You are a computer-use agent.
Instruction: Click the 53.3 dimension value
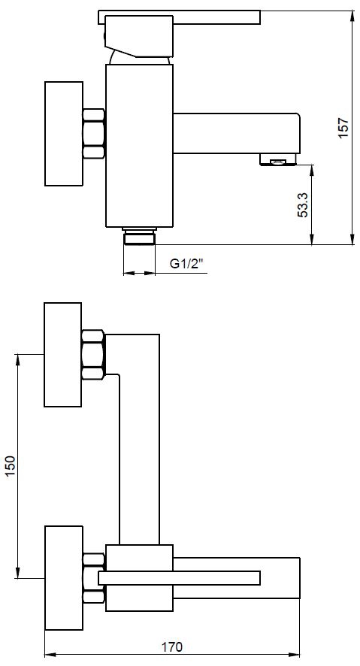click(x=302, y=205)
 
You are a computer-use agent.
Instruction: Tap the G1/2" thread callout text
click(x=187, y=264)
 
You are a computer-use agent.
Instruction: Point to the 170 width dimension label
click(x=172, y=647)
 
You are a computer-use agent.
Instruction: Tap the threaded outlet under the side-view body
click(x=139, y=236)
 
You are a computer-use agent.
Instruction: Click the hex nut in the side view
click(x=93, y=135)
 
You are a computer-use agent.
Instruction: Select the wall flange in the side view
click(x=63, y=134)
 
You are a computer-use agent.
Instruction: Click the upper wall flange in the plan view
click(x=63, y=355)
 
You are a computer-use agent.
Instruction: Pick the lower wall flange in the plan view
click(x=63, y=578)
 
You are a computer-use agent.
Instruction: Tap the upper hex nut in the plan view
click(x=93, y=355)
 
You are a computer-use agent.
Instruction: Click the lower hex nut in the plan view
click(x=94, y=578)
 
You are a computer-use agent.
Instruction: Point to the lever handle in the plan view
click(x=179, y=577)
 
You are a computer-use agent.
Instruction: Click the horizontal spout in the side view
click(x=237, y=133)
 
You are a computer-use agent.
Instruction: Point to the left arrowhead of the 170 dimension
click(x=51, y=655)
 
